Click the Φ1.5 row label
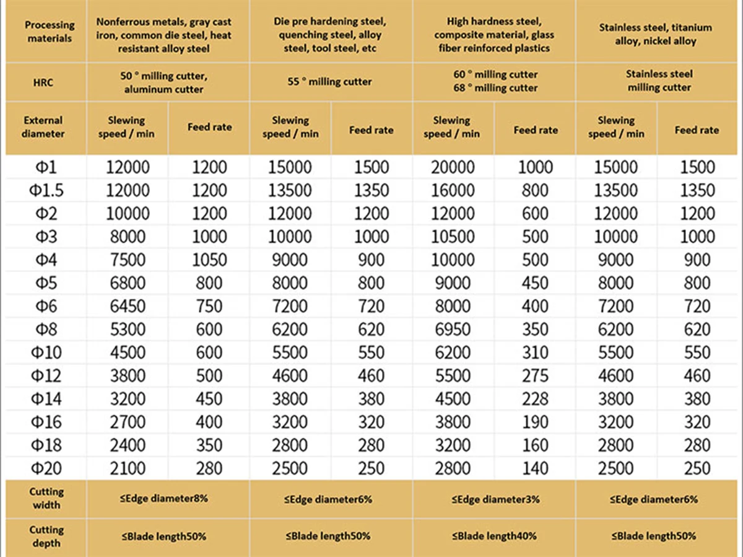tap(46, 190)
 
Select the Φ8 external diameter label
tap(46, 329)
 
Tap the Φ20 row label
tap(46, 468)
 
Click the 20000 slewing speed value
tap(452, 167)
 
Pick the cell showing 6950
tap(452, 329)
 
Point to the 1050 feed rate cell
tap(209, 260)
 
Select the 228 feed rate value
tap(535, 398)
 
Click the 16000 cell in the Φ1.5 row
tap(452, 190)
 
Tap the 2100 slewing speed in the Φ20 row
tap(127, 468)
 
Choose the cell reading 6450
tap(127, 306)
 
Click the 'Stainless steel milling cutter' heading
tap(659, 81)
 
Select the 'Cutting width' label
tap(46, 498)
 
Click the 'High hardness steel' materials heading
tap(494, 35)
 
